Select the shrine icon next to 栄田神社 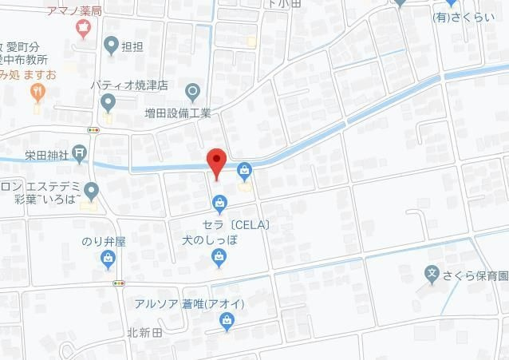pyautogui.click(x=79, y=151)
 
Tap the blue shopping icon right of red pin pyautogui.click(x=243, y=168)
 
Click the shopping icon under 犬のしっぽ pyautogui.click(x=218, y=256)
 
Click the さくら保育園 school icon pyautogui.click(x=432, y=273)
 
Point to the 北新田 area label pyautogui.click(x=144, y=333)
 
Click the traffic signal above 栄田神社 pyautogui.click(x=94, y=129)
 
